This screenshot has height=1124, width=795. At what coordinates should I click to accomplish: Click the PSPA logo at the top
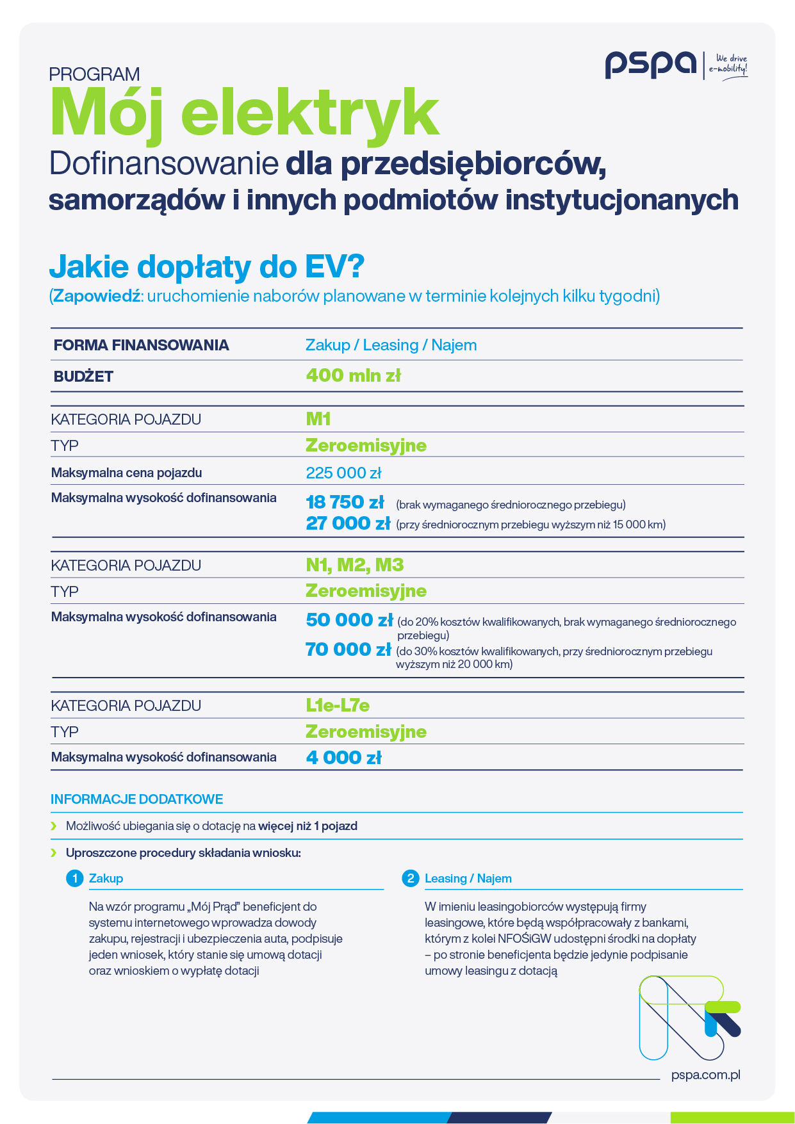tap(651, 65)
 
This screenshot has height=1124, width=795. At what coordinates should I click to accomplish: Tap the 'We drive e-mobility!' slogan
tap(730, 64)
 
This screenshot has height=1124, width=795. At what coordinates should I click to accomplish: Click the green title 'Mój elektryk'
tap(245, 113)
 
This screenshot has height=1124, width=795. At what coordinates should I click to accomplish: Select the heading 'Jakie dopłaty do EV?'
tap(206, 266)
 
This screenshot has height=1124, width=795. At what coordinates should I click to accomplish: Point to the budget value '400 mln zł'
tap(353, 375)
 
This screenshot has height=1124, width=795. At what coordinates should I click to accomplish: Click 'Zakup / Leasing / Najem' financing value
tap(391, 345)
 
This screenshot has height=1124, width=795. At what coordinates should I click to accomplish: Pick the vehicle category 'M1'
tap(318, 419)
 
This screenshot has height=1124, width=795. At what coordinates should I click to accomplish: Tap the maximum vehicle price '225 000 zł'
tap(343, 473)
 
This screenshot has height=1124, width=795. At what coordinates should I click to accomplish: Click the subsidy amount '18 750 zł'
tap(345, 501)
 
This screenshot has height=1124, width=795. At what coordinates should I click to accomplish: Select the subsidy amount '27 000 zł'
tap(348, 523)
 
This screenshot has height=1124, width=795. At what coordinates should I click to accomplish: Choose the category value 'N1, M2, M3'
tap(355, 565)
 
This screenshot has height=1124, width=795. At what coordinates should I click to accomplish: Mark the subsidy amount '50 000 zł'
tap(349, 620)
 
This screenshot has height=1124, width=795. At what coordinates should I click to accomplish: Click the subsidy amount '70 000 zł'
tap(348, 649)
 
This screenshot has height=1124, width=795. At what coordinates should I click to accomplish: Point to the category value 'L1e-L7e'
tap(338, 705)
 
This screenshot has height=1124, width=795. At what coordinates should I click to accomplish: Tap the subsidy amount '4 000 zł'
tap(343, 758)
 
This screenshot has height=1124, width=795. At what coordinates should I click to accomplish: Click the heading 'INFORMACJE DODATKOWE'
tap(137, 799)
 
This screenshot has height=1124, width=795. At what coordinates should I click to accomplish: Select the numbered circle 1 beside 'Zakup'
tap(75, 878)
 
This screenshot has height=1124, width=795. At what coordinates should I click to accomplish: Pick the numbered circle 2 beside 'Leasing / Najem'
tap(411, 878)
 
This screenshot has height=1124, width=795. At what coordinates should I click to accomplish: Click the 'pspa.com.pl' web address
tap(705, 1075)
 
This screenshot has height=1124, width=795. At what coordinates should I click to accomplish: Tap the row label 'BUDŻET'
tap(83, 377)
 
